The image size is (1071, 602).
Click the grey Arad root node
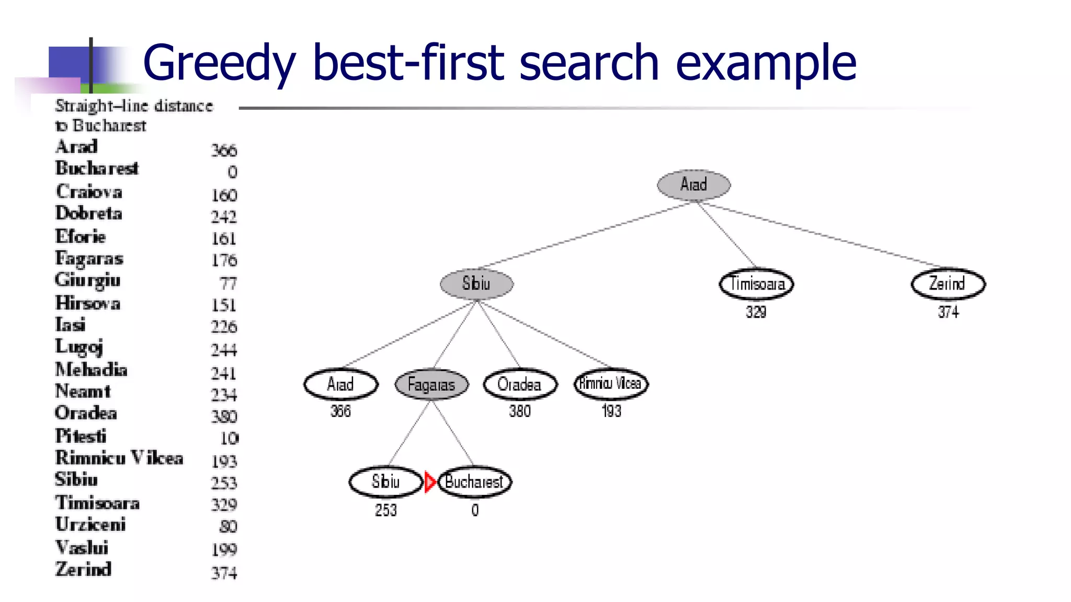click(x=693, y=184)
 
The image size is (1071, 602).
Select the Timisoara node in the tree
click(x=756, y=284)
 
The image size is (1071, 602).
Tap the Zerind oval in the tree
click(x=948, y=284)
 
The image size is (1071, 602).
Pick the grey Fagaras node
click(x=431, y=385)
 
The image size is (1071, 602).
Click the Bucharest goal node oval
click(x=474, y=482)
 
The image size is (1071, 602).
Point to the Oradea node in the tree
click(x=520, y=385)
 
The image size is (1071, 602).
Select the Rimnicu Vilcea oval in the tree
click(x=611, y=384)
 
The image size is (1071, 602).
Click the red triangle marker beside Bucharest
click(x=430, y=482)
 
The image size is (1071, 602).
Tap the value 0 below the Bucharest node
click(x=475, y=511)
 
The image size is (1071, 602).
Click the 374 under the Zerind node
click(x=948, y=312)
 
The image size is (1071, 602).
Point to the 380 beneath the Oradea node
click(x=520, y=411)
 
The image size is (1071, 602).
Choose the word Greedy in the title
click(x=219, y=63)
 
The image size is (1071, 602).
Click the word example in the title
click(x=766, y=63)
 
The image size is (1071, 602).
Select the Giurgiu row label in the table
click(x=88, y=281)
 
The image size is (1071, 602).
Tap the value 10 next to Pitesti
click(x=229, y=438)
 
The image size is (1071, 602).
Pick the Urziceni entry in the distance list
click(x=90, y=524)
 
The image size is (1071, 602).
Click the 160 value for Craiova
click(x=224, y=195)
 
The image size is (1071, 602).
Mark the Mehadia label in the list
click(x=92, y=369)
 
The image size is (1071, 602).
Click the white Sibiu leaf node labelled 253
click(x=385, y=482)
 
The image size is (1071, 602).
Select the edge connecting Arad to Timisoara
click(x=727, y=235)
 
